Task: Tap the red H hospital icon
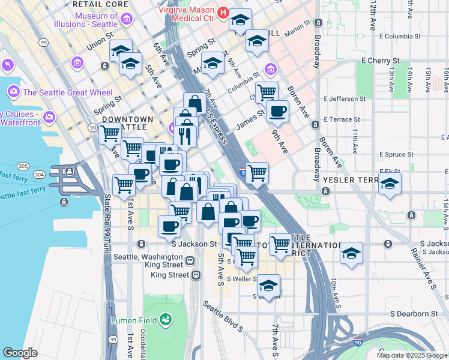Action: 223,11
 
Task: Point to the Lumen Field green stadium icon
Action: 165,320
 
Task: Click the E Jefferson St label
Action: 345,98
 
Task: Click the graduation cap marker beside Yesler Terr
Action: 390,185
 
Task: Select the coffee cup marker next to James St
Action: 277,111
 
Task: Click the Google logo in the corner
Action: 20,353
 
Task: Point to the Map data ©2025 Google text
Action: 412,355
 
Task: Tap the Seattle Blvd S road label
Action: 222,316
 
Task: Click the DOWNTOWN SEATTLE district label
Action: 128,124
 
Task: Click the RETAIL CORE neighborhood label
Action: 100,4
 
